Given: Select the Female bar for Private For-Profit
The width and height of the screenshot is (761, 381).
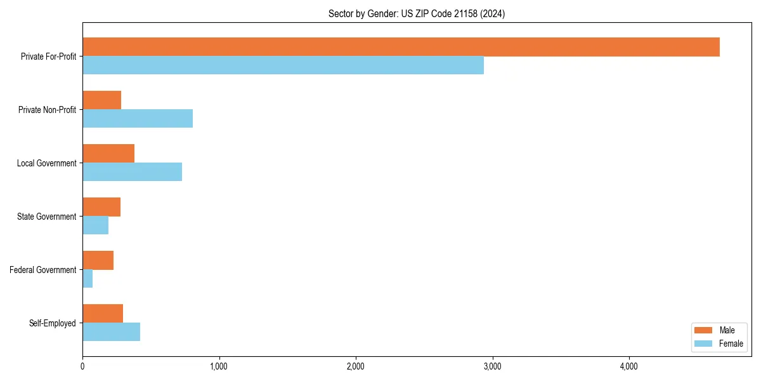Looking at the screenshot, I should click(283, 65).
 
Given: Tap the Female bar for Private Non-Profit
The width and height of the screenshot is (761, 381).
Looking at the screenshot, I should click(138, 119).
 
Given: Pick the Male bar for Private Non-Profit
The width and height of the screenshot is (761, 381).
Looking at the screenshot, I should click(101, 100).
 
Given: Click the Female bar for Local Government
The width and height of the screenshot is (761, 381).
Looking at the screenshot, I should click(132, 172).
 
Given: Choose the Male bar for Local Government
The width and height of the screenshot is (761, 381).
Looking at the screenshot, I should click(108, 154).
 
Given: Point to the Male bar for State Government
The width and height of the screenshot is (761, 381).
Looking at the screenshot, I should click(101, 207).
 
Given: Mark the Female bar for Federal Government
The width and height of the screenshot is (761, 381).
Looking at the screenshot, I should click(88, 279).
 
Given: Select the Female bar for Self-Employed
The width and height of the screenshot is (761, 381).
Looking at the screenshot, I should click(111, 332).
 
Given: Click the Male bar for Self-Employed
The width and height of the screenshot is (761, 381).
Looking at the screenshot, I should click(103, 314).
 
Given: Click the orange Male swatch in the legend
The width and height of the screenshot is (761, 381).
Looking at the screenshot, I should click(703, 330).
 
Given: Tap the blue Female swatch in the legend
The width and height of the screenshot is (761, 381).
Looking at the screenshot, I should click(703, 344).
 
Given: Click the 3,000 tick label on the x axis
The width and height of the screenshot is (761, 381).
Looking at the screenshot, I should click(492, 366).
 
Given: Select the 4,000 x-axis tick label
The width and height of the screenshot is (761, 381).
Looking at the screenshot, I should click(628, 366).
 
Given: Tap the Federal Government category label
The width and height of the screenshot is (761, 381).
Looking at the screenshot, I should click(43, 270).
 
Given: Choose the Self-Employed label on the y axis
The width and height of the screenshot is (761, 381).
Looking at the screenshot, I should click(53, 323).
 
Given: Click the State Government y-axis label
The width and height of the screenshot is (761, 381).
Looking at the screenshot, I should click(47, 217).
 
